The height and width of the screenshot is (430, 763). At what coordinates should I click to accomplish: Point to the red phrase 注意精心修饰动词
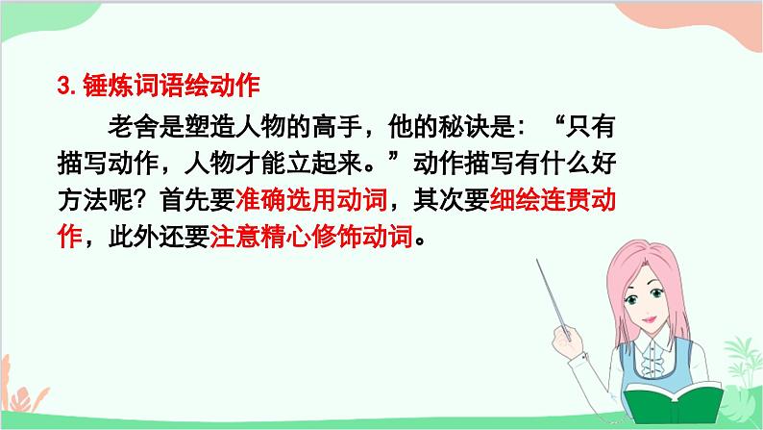[x=315, y=237]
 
